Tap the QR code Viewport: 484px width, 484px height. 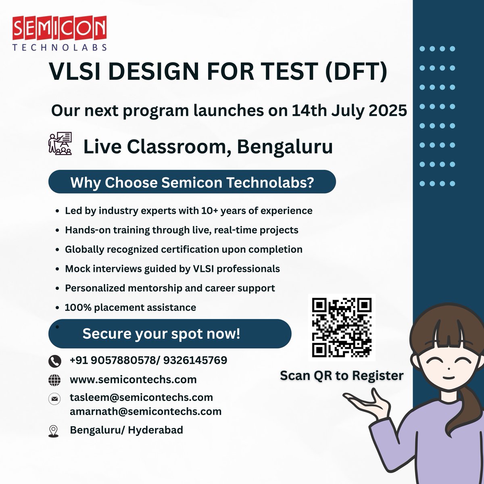pos(342,327)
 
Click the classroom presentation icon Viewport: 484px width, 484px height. pos(60,144)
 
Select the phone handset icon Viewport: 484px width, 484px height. pos(54,361)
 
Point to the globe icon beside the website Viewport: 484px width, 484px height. pos(54,380)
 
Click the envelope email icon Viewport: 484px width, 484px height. pos(54,399)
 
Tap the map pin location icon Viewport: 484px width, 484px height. pos(53,431)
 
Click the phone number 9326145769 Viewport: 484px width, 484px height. pos(195,360)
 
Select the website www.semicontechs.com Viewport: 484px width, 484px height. pos(133,380)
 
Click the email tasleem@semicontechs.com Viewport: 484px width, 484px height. pos(141,397)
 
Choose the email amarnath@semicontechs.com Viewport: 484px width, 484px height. pos(146,411)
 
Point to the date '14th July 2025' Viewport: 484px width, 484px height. pos(349,110)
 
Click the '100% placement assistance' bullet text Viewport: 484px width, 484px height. pos(130,307)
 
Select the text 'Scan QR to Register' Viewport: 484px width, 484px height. pos(342,376)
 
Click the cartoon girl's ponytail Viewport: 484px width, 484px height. pos(468,419)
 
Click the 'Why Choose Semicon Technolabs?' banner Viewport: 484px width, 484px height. pos(192,182)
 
